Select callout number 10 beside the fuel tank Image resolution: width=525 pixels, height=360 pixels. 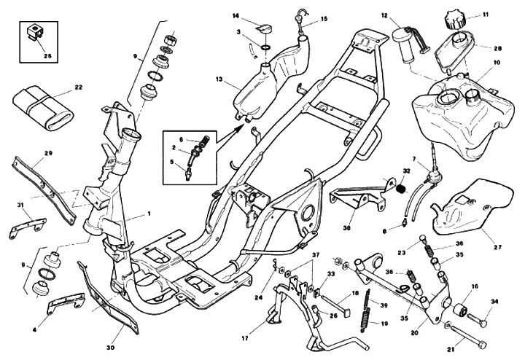pos(497,63)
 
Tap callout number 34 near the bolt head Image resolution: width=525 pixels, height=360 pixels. pos(494,302)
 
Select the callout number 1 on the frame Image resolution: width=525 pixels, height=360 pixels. pos(149,214)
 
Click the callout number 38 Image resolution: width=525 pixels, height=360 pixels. pos(349,227)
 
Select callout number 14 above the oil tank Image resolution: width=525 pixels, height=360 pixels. pos(236,15)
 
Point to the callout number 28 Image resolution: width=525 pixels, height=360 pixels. pos(498,48)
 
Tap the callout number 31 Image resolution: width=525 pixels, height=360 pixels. pos(21,204)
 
